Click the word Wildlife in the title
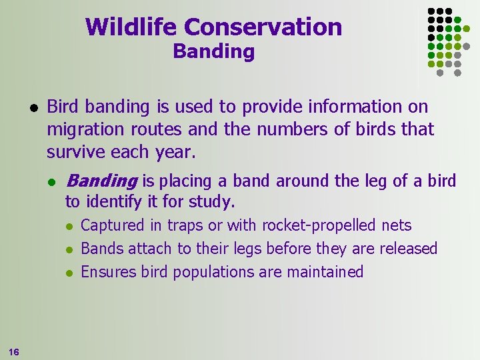131,27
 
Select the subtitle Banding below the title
213,52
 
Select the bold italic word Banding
101,181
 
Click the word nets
396,226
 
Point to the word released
408,249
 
